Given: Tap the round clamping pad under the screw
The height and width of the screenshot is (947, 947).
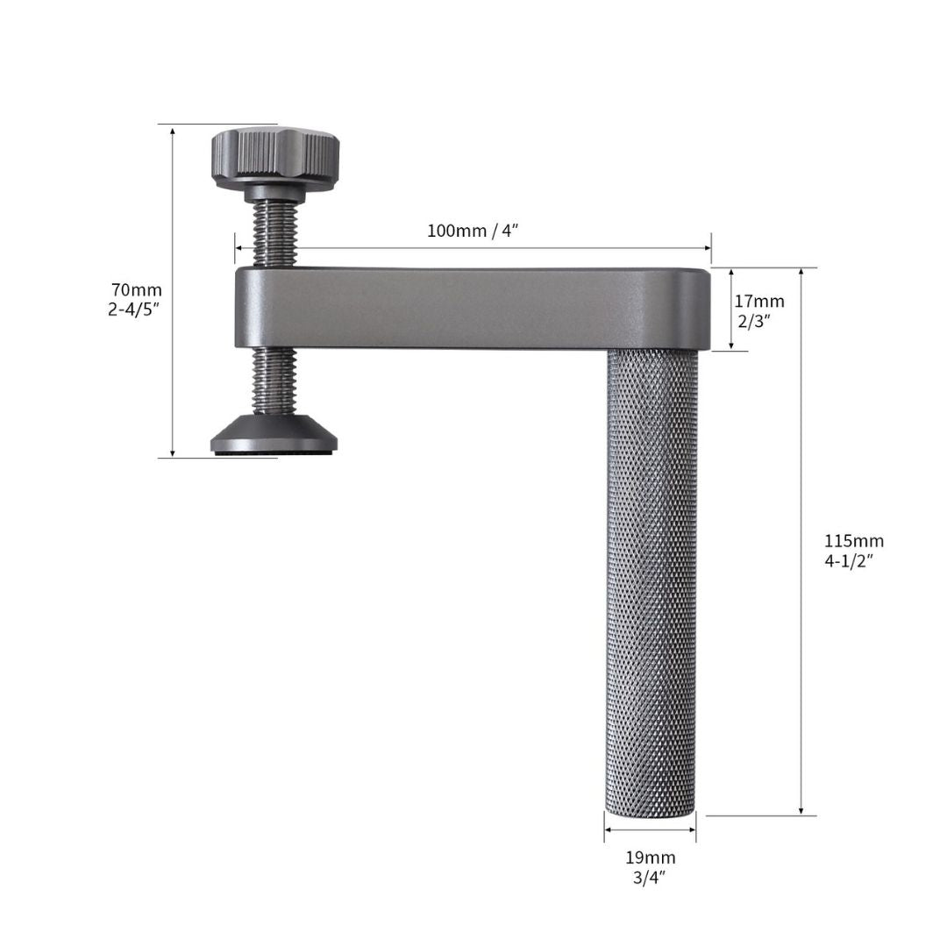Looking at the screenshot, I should (274, 436).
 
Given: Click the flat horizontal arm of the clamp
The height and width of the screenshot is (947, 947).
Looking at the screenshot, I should (473, 308).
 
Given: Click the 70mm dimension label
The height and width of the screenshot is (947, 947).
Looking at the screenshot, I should (136, 289).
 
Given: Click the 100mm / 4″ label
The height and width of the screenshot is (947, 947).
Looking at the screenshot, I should (473, 231).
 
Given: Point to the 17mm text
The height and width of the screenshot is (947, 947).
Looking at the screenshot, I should (760, 301).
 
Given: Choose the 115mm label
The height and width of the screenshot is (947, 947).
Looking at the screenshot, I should (853, 541).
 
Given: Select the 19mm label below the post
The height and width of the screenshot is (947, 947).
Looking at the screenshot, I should (651, 857).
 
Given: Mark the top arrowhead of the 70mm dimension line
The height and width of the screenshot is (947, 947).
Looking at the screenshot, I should (173, 130).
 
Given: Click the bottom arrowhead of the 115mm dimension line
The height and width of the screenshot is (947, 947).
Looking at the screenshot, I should (801, 810).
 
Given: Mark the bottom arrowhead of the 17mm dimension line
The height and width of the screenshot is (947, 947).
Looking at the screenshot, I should (731, 345).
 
